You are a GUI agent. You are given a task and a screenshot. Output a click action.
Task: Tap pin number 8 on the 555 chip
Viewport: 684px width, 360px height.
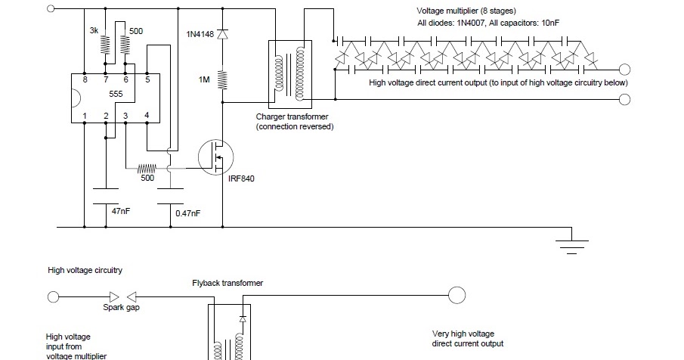pos(85,79)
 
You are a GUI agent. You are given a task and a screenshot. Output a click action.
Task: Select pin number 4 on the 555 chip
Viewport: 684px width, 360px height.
pos(147,115)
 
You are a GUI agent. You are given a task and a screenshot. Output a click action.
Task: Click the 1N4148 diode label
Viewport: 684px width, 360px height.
pos(200,34)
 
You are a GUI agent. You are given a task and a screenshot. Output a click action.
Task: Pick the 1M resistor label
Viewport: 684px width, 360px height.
pos(204,79)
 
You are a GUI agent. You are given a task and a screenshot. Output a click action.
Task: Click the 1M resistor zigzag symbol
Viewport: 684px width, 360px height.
pos(222,79)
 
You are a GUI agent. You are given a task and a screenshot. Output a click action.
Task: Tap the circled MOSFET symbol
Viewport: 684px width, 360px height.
pos(215,157)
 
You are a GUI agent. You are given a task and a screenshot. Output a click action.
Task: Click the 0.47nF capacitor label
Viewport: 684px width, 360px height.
pos(187,214)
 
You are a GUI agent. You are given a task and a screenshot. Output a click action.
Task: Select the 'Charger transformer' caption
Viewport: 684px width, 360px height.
pos(291,117)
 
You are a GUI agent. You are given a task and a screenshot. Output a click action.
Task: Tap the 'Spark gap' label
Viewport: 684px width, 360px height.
pos(121,308)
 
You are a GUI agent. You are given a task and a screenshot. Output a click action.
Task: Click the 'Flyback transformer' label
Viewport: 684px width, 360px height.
pos(227,283)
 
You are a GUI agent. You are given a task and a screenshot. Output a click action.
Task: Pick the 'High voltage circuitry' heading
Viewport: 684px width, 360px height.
pos(85,270)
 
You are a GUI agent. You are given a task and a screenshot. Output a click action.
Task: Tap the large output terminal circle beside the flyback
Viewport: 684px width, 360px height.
pos(457,296)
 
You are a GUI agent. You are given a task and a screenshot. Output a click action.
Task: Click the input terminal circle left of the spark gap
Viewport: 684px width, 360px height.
pos(53,296)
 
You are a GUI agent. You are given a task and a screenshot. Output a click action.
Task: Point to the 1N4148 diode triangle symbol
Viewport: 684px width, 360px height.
pos(222,34)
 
